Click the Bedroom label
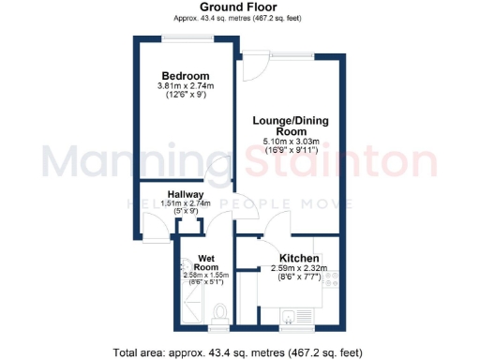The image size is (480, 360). (185, 76)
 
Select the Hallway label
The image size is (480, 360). (179, 194)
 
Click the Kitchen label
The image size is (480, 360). (301, 258)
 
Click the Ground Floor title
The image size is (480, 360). (239, 7)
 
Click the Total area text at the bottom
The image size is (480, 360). (239, 352)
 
